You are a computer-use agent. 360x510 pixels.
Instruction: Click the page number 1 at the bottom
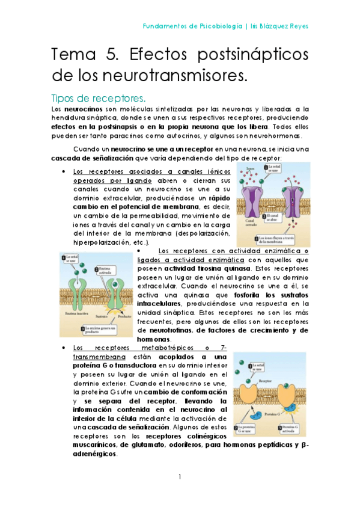[x=180, y=477]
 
